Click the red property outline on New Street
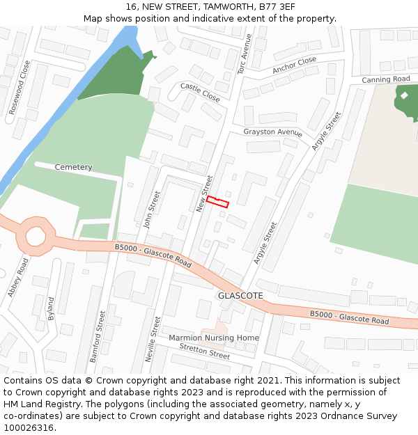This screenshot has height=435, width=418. coord(217,202)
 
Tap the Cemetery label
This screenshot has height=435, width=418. coord(73,167)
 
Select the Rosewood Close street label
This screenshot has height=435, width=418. coord(20,88)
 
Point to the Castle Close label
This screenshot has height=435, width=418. coord(200,93)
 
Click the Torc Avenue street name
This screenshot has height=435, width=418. coord(245,54)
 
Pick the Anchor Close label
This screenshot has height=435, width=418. coord(294,65)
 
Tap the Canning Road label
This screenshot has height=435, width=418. coord(385,79)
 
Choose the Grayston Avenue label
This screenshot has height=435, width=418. coord(272,132)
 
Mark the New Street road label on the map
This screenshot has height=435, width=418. coord(204,193)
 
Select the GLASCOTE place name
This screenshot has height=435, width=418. coord(240,296)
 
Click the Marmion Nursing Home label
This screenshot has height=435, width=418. coord(214,338)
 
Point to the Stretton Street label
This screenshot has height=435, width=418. coord(204,351)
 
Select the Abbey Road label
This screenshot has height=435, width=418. coord(20,278)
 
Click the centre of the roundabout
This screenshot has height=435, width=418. coord(37,237)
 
